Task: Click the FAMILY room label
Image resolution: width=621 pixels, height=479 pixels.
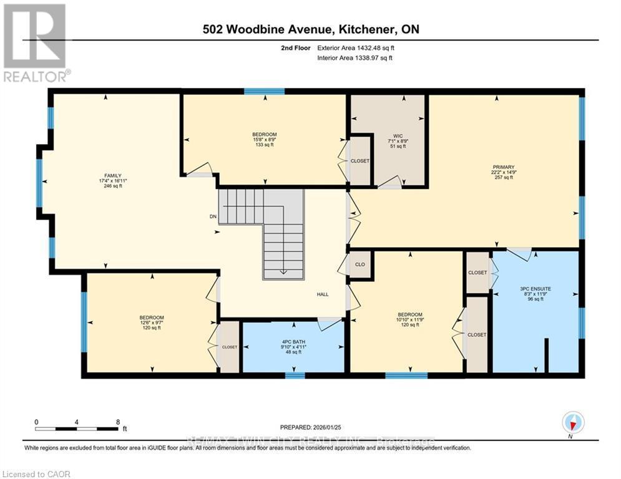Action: (112, 175)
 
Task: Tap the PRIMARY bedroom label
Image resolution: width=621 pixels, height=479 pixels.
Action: (503, 167)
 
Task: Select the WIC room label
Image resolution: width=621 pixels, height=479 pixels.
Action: (397, 135)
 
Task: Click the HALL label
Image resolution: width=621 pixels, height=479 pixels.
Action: (322, 295)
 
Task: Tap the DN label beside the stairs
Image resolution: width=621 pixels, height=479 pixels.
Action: (213, 218)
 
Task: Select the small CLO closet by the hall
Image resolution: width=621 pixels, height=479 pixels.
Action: (359, 264)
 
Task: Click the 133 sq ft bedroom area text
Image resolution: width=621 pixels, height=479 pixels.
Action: (264, 145)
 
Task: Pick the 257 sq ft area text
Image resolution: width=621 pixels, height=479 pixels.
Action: (503, 178)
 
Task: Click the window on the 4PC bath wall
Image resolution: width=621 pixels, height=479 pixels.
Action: (295, 375)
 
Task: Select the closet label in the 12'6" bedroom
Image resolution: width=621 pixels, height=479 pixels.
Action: (229, 347)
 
